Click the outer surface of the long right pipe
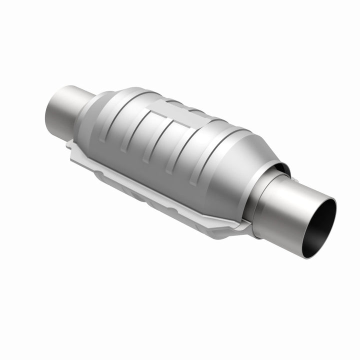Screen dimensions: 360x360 click(x=285, y=210)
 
